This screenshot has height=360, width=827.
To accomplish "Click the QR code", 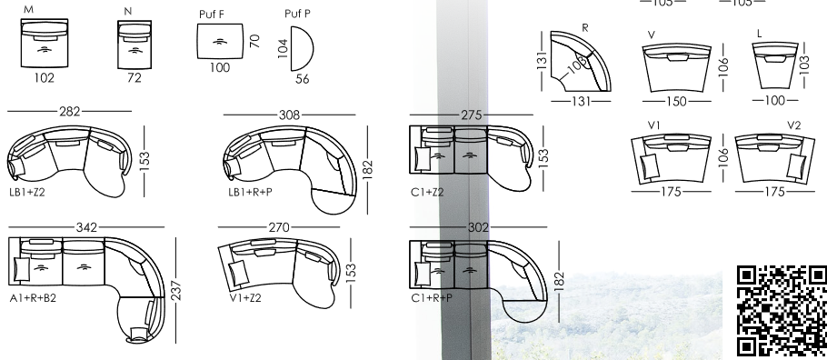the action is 782,312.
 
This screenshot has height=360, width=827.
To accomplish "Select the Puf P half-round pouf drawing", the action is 302,48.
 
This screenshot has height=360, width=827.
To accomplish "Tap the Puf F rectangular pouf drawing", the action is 221,41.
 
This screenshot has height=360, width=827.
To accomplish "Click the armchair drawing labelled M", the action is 45,43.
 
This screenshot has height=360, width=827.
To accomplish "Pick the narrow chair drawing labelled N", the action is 135,45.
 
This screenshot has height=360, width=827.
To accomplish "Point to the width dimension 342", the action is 86,227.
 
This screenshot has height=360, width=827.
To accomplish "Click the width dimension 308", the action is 289,115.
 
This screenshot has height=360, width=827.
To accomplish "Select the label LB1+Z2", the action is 27,192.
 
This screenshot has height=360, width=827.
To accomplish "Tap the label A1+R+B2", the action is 33,297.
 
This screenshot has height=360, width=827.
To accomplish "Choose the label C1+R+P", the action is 432,297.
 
